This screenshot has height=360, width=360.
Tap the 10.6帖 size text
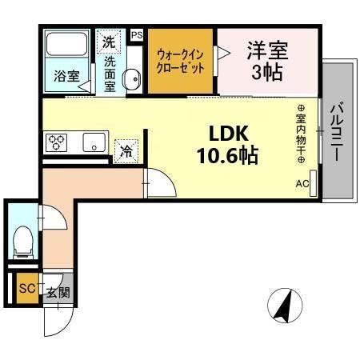(x=228, y=154)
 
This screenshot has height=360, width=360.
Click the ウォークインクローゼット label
(x=181, y=61)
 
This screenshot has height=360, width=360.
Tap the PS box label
(x=137, y=34)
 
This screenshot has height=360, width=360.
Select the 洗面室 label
(x=110, y=72)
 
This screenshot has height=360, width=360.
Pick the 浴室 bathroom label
(x=66, y=77)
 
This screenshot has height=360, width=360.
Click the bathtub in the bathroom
(x=67, y=46)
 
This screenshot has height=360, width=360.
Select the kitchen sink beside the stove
(x=93, y=145)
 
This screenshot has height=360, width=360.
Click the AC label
(x=302, y=184)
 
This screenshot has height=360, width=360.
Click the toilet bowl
(x=22, y=239)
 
